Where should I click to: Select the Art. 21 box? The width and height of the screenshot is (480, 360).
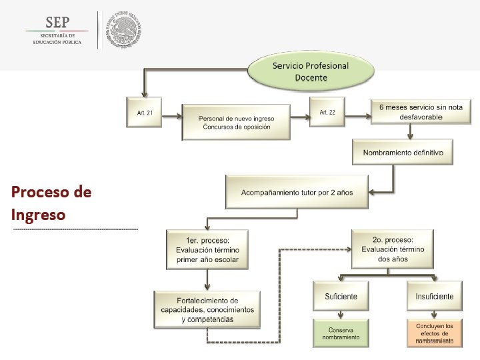(x=145, y=113)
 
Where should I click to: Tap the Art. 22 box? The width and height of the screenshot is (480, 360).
(x=327, y=113)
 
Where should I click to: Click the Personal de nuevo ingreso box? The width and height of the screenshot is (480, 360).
(x=236, y=122)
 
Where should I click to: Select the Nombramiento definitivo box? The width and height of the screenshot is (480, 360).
(x=403, y=153)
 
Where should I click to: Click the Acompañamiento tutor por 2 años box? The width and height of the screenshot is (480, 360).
(x=297, y=192)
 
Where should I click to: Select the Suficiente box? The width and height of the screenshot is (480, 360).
(x=340, y=296)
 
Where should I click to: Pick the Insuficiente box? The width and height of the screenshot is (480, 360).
(x=434, y=296)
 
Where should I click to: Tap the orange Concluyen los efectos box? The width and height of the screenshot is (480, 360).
(x=434, y=333)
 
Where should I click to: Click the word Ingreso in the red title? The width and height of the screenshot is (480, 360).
(x=38, y=215)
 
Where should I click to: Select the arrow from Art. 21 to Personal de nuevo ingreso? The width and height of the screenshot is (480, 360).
(x=172, y=115)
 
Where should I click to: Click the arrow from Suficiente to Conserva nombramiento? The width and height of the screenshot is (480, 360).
(x=341, y=314)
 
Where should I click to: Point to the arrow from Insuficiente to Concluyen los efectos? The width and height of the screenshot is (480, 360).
(x=434, y=314)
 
